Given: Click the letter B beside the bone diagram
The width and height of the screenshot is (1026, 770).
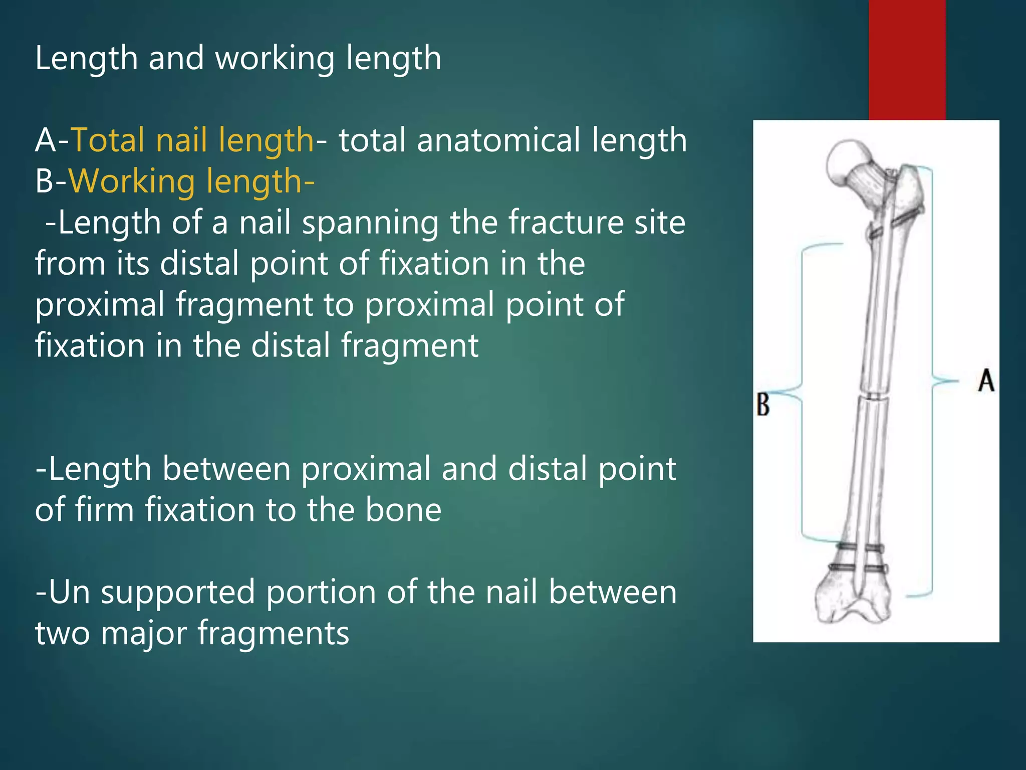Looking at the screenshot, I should point(762,405).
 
